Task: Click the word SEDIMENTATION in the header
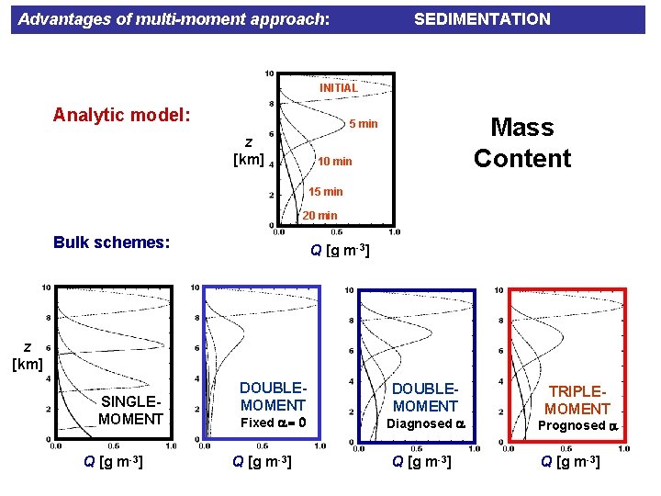tap(482, 18)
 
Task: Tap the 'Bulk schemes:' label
tap(111, 242)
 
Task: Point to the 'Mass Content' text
tap(521, 142)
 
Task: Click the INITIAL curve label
tap(338, 88)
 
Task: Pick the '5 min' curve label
tap(361, 124)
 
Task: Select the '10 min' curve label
tap(334, 162)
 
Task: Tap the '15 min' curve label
tap(325, 192)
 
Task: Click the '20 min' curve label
tap(320, 216)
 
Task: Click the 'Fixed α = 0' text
tap(273, 423)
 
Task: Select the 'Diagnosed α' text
tap(424, 423)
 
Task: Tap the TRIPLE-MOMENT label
tap(578, 400)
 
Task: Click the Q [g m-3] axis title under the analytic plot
tap(339, 250)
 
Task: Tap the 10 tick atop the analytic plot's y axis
tap(268, 73)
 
